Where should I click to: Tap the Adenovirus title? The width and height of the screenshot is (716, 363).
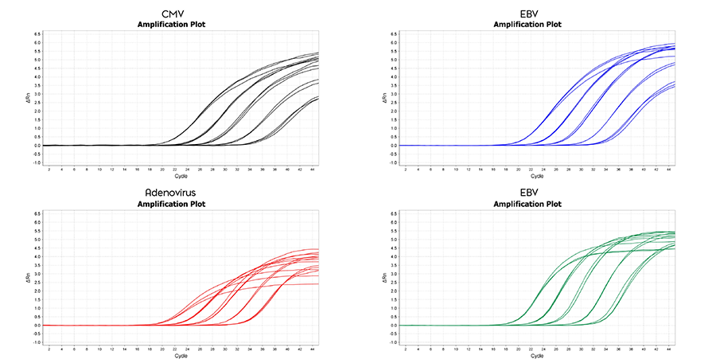(x=179, y=193)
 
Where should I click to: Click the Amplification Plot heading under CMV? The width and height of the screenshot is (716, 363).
(x=179, y=25)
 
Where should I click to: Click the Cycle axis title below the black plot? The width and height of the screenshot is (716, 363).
(x=179, y=176)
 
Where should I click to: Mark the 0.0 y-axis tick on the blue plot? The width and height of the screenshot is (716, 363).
(x=394, y=146)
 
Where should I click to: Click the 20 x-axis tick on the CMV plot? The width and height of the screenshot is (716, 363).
(x=162, y=170)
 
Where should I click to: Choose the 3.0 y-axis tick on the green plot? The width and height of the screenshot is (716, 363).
(x=394, y=274)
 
